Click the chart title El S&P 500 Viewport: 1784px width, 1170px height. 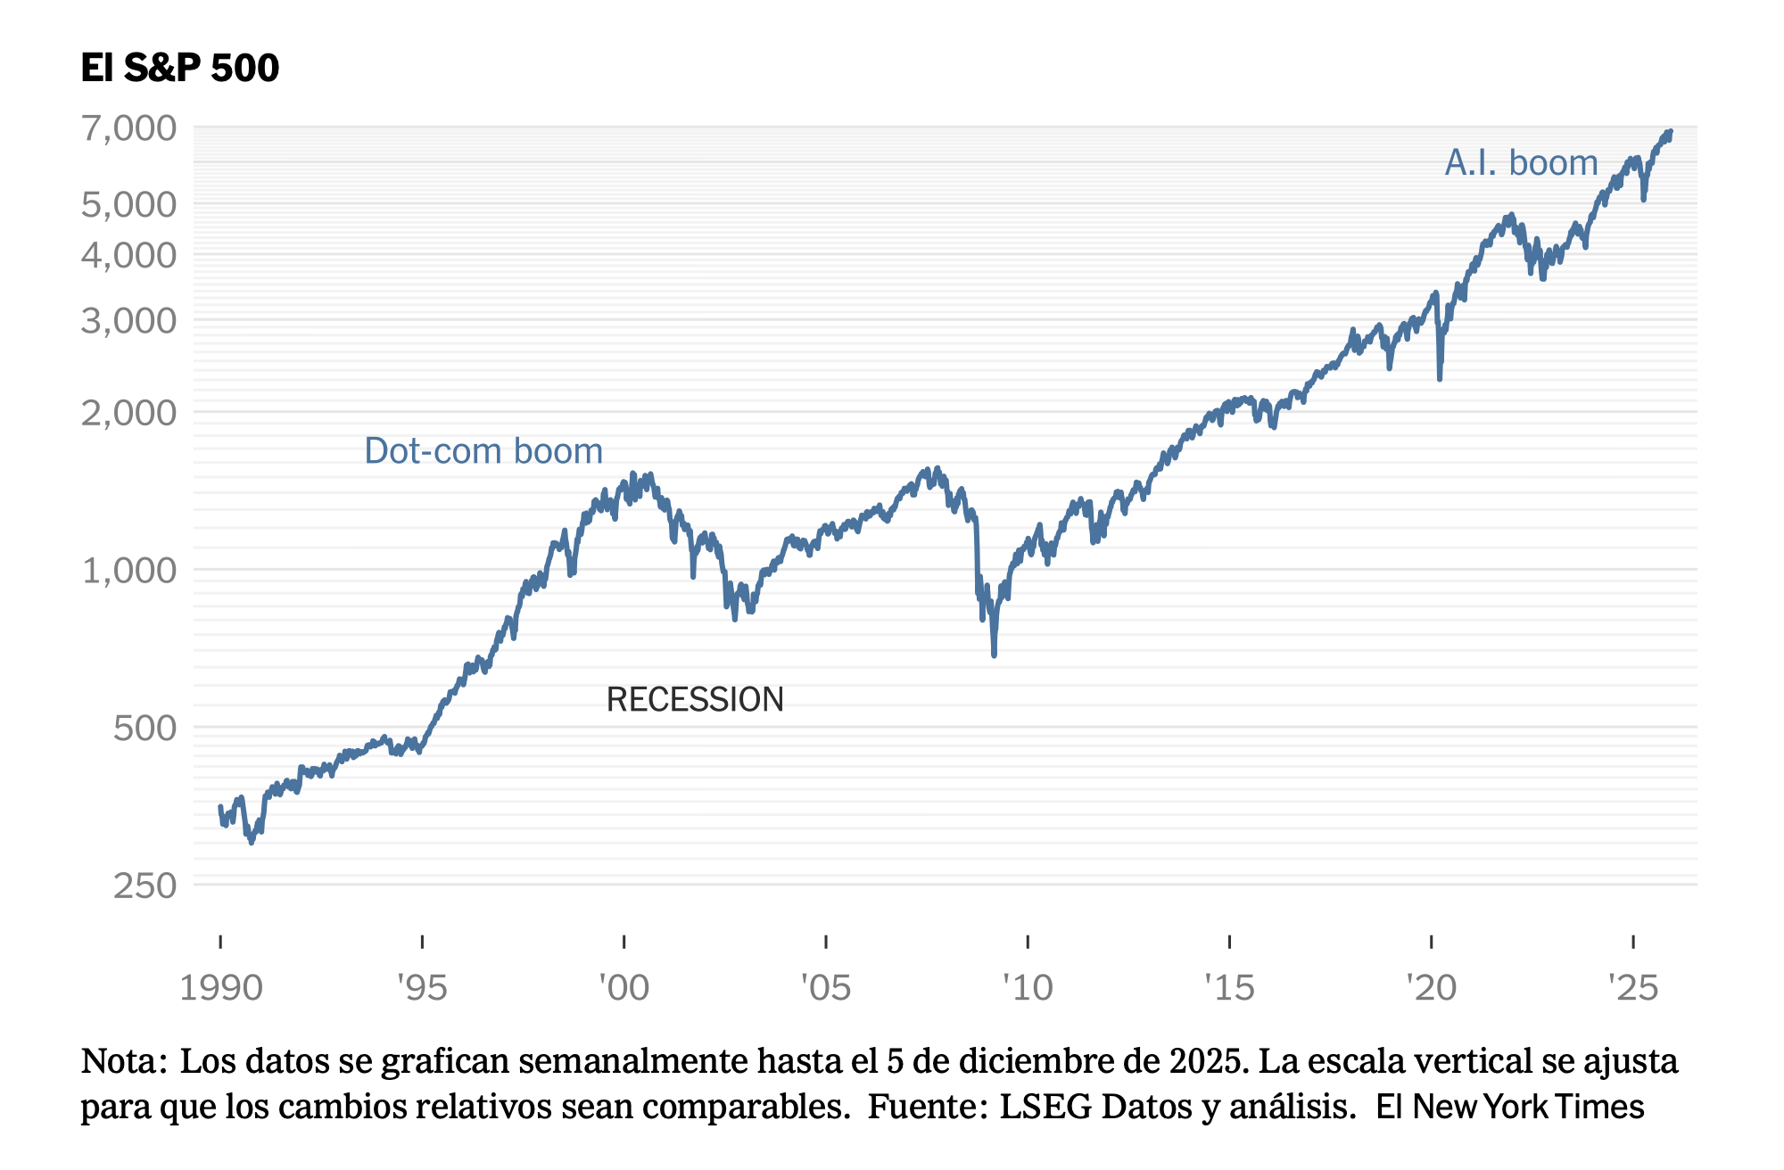pyautogui.click(x=179, y=68)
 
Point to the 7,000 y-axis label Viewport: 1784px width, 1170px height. pyautogui.click(x=129, y=128)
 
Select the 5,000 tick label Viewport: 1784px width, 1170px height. pyautogui.click(x=129, y=204)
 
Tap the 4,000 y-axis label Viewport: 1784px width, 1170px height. pyautogui.click(x=129, y=255)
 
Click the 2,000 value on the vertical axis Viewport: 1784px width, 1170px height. pyautogui.click(x=129, y=413)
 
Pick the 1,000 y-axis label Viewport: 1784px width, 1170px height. pyautogui.click(x=129, y=570)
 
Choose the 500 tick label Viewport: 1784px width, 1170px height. pyautogui.click(x=145, y=728)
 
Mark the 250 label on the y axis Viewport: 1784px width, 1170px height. pyautogui.click(x=145, y=886)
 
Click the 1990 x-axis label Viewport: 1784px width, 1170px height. pyautogui.click(x=220, y=988)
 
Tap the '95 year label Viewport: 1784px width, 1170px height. pyautogui.click(x=422, y=988)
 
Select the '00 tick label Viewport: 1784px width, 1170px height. pyautogui.click(x=624, y=988)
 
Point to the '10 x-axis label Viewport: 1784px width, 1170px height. pyautogui.click(x=1028, y=988)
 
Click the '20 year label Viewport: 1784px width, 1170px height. pyautogui.click(x=1431, y=988)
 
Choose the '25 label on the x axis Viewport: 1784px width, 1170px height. pyautogui.click(x=1632, y=988)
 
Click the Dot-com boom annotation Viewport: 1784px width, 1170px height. pyautogui.click(x=483, y=451)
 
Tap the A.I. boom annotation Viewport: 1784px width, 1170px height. pyautogui.click(x=1521, y=163)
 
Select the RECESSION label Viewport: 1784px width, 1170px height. pyautogui.click(x=695, y=700)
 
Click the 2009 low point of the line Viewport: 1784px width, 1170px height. pyautogui.click(x=994, y=655)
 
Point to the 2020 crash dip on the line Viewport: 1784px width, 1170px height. pyautogui.click(x=1440, y=377)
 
